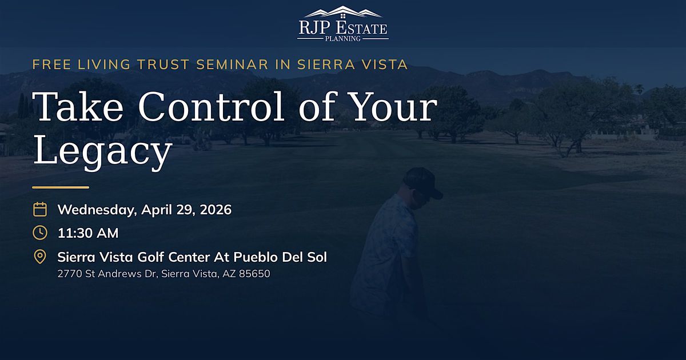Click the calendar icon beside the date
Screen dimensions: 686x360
pyautogui.click(x=40, y=209)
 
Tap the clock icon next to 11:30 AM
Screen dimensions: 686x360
pyautogui.click(x=40, y=233)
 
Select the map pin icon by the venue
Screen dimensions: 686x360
pyautogui.click(x=40, y=257)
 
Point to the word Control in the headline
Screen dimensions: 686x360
pyautogui.click(x=212, y=106)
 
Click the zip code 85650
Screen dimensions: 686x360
pyautogui.click(x=254, y=274)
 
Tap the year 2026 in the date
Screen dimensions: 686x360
pyautogui.click(x=216, y=210)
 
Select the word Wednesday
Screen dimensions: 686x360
pyautogui.click(x=97, y=210)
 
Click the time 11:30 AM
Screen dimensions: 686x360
pyautogui.click(x=88, y=233)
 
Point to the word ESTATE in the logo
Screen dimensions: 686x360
pyautogui.click(x=361, y=28)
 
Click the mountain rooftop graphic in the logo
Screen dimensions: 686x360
pyautogui.click(x=343, y=12)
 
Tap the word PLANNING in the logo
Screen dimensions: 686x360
pyautogui.click(x=342, y=39)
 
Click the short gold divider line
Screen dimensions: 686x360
pyautogui.click(x=61, y=187)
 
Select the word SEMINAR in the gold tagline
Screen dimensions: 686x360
pyautogui.click(x=232, y=65)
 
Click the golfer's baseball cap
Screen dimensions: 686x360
pyautogui.click(x=424, y=182)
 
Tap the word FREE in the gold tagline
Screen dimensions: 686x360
pyautogui.click(x=51, y=65)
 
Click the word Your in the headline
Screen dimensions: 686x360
pyautogui.click(x=394, y=106)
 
